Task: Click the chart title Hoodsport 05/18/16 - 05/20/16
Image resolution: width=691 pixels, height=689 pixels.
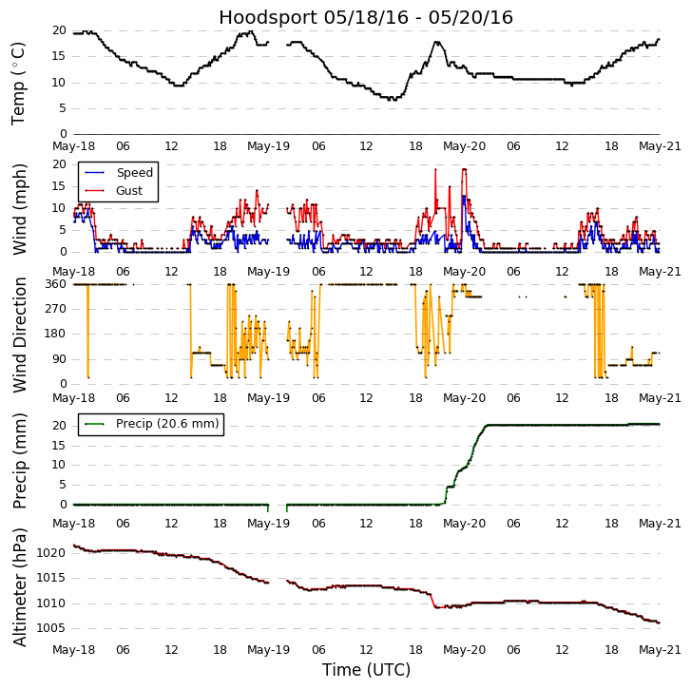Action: click(366, 17)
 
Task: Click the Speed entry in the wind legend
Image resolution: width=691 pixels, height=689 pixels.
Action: click(134, 173)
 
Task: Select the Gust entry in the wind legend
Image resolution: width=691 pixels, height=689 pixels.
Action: click(129, 191)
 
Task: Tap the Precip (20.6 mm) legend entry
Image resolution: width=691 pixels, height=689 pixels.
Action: click(167, 424)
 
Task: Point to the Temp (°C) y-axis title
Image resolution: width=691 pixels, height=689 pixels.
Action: click(19, 83)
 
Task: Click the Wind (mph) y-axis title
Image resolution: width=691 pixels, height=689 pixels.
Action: click(19, 208)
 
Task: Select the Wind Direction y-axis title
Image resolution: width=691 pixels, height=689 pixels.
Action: click(19, 335)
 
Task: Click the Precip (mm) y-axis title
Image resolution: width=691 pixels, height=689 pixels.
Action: click(19, 460)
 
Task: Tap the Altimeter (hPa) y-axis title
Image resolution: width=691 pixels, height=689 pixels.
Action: click(19, 586)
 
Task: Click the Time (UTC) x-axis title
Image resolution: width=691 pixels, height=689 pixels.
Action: click(366, 670)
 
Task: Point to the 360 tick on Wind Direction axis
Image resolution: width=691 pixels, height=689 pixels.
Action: click(54, 284)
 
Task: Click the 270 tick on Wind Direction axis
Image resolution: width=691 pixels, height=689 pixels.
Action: click(54, 309)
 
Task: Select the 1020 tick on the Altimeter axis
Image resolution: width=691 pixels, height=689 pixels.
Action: click(49, 553)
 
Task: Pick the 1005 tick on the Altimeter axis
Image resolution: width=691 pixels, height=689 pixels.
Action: click(49, 628)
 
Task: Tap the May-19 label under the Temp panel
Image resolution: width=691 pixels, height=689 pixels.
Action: click(269, 147)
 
